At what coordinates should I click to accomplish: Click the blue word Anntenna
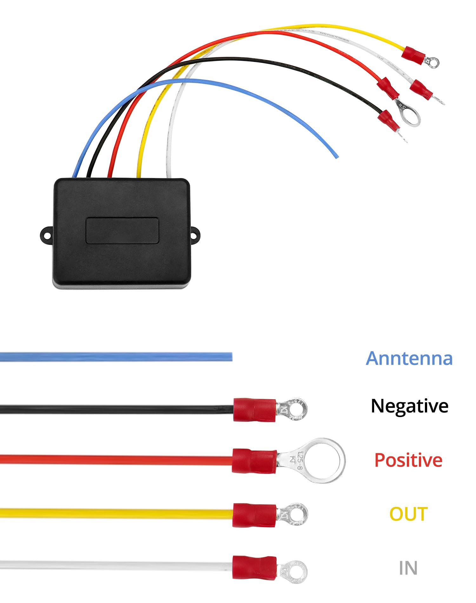409,359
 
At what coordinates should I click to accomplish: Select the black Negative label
409,406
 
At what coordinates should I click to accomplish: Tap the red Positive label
408,460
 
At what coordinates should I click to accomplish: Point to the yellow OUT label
408,514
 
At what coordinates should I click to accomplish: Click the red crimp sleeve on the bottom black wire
255,410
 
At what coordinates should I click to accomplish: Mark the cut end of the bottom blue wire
231,357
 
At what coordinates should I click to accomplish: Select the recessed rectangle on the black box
122,231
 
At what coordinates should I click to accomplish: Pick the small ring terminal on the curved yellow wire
433,62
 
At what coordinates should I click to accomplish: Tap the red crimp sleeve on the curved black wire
388,121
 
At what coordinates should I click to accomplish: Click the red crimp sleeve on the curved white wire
421,90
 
